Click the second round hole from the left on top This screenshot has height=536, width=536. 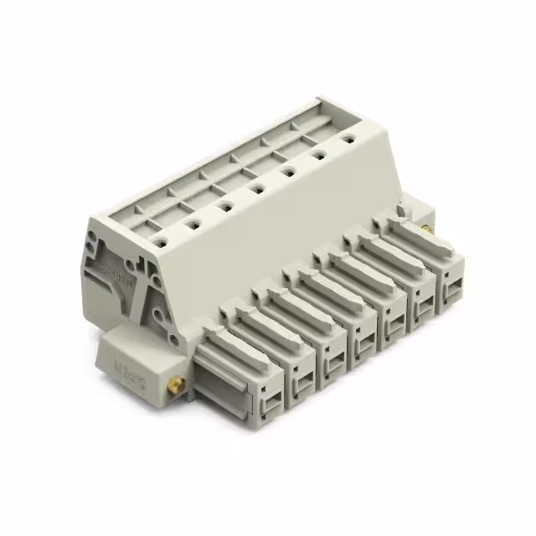coord(193,223)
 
